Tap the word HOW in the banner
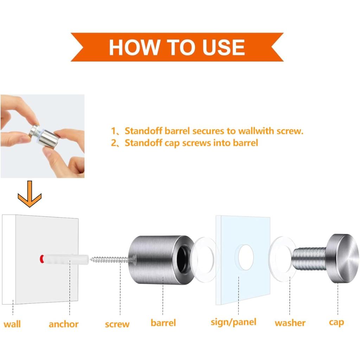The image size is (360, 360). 134,47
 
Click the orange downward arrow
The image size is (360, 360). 30,194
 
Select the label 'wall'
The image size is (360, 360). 12,324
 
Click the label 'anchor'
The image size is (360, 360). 64,324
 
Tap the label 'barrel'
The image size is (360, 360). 163,323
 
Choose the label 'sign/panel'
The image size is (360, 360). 233,322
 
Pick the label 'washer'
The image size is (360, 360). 290,323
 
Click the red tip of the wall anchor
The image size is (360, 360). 42,259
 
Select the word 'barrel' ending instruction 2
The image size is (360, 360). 245,143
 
